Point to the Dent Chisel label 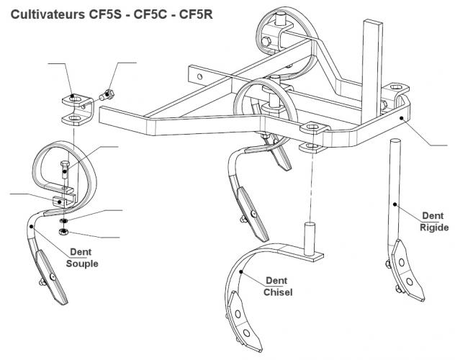(x=277, y=286)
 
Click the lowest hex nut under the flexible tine (x=62, y=231)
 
